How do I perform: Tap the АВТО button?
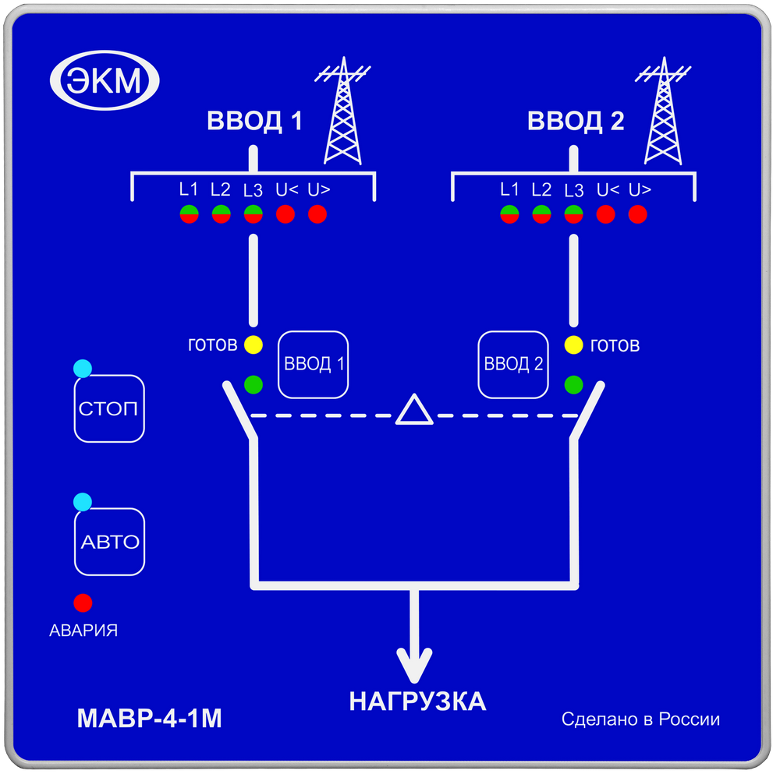(110, 542)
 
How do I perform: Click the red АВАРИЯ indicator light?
(83, 603)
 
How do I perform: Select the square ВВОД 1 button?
(314, 364)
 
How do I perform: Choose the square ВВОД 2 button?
(512, 364)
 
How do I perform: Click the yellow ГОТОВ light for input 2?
(574, 345)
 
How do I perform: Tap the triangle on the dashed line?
(413, 411)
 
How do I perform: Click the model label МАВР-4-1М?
(150, 718)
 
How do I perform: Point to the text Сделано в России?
(640, 719)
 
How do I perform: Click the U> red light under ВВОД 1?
(317, 214)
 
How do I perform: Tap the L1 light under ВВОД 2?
(509, 214)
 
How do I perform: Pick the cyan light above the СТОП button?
(82, 368)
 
